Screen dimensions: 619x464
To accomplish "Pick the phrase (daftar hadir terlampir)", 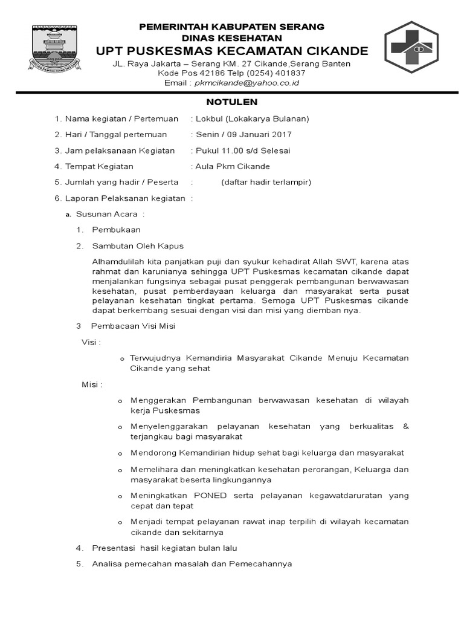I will (x=266, y=182).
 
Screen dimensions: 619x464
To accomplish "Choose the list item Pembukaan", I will (x=116, y=230).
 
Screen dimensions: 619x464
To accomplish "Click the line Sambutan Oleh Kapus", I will (x=138, y=246).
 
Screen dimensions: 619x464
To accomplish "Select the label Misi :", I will (x=92, y=384).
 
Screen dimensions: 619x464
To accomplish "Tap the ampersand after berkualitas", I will (x=405, y=426).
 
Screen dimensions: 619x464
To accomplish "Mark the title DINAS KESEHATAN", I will (x=232, y=37).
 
